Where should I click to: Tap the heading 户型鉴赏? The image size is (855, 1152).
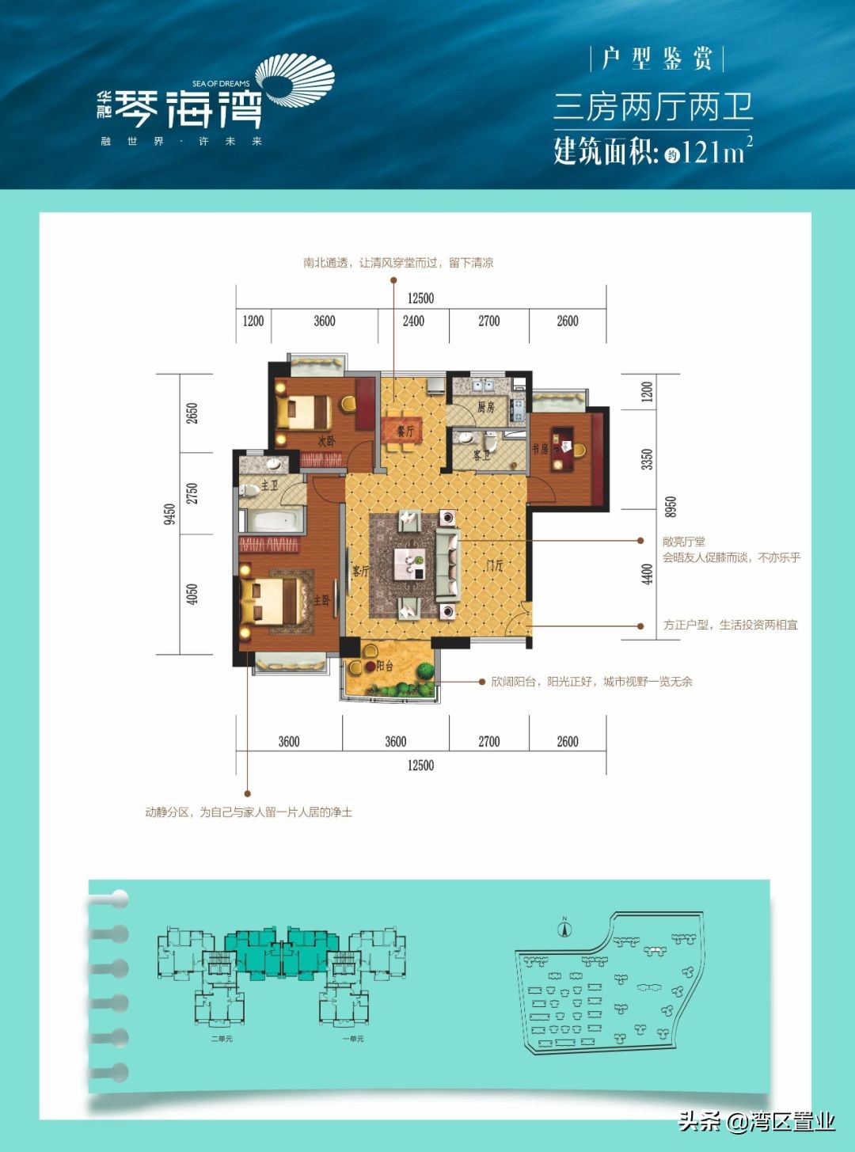coord(656,59)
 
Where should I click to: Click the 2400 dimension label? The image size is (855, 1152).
coord(413,321)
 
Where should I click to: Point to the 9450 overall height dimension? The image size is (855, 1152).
coord(169,515)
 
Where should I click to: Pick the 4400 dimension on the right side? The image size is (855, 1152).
coord(648,573)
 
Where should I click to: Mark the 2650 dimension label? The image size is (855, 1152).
coord(192,413)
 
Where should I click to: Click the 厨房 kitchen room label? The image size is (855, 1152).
coord(485,407)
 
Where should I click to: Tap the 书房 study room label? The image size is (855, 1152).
coord(540,449)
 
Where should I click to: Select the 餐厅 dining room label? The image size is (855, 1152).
coord(405,432)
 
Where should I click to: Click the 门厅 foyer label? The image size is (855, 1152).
coord(495,565)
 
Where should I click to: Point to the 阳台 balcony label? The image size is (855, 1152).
coord(385,666)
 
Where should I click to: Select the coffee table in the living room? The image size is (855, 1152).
coord(410,563)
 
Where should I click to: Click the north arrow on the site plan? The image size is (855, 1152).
coord(564,929)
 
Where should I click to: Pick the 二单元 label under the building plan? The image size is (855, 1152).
coord(222,1038)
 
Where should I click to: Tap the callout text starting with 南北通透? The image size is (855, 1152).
coord(398,263)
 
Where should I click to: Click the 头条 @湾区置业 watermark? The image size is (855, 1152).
coord(756,1121)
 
